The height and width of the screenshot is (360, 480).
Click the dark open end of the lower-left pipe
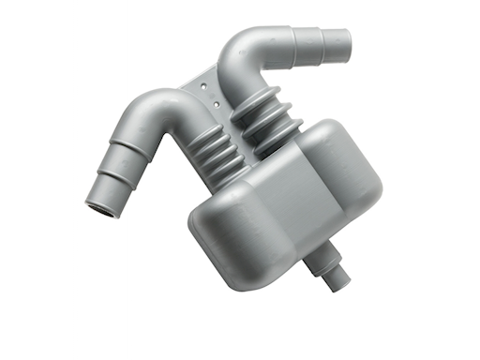tap(102, 207)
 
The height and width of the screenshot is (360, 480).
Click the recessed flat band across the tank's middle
tap(286, 202)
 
